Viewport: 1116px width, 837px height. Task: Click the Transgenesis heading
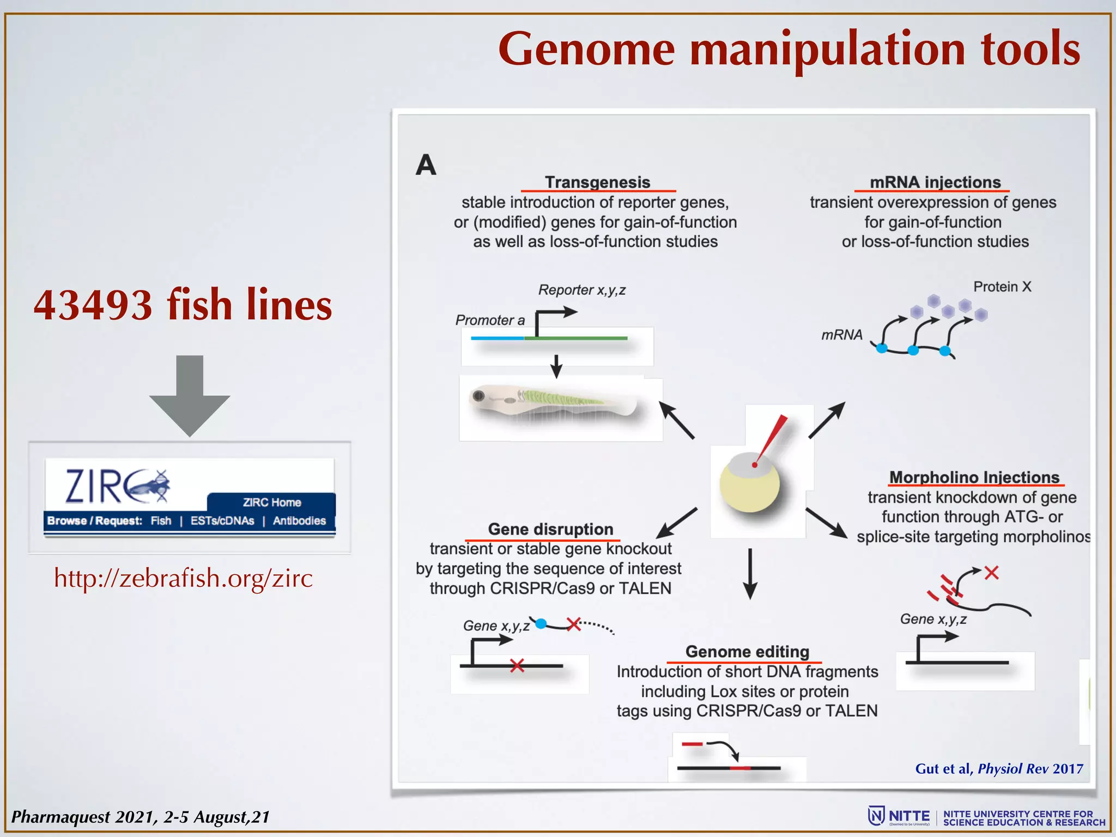coord(598,182)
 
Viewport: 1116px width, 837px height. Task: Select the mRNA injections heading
coord(935,182)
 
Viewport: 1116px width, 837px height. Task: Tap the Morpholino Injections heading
coord(974,477)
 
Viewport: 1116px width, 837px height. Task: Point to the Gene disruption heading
coord(550,529)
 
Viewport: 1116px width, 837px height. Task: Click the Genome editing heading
coord(747,652)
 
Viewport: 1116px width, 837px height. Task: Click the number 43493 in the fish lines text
coord(93,305)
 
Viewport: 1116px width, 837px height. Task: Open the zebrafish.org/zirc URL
coord(184,578)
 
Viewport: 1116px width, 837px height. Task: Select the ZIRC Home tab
coord(271,502)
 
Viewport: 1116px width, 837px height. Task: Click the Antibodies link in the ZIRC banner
coord(299,521)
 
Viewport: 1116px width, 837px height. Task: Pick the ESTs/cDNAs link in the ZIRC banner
coord(222,521)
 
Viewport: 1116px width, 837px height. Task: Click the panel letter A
coord(426,165)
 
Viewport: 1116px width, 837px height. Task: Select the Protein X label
coord(1002,287)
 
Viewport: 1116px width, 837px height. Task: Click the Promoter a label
coord(490,320)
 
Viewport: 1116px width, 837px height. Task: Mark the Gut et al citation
coord(999,769)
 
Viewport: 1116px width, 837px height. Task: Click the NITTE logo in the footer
coord(899,816)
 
